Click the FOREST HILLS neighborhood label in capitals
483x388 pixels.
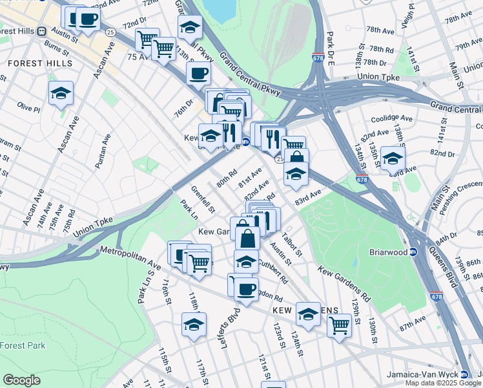[x=40, y=64]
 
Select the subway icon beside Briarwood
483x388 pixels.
[x=414, y=252]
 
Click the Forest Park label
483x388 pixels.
[x=23, y=345]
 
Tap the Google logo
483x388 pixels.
[x=21, y=380]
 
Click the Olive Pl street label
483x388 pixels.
[x=28, y=105]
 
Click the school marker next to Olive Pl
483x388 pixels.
[x=61, y=93]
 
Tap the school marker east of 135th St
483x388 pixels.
[x=393, y=158]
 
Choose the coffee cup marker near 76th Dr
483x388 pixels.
[x=199, y=72]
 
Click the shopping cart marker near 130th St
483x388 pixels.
[x=339, y=324]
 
